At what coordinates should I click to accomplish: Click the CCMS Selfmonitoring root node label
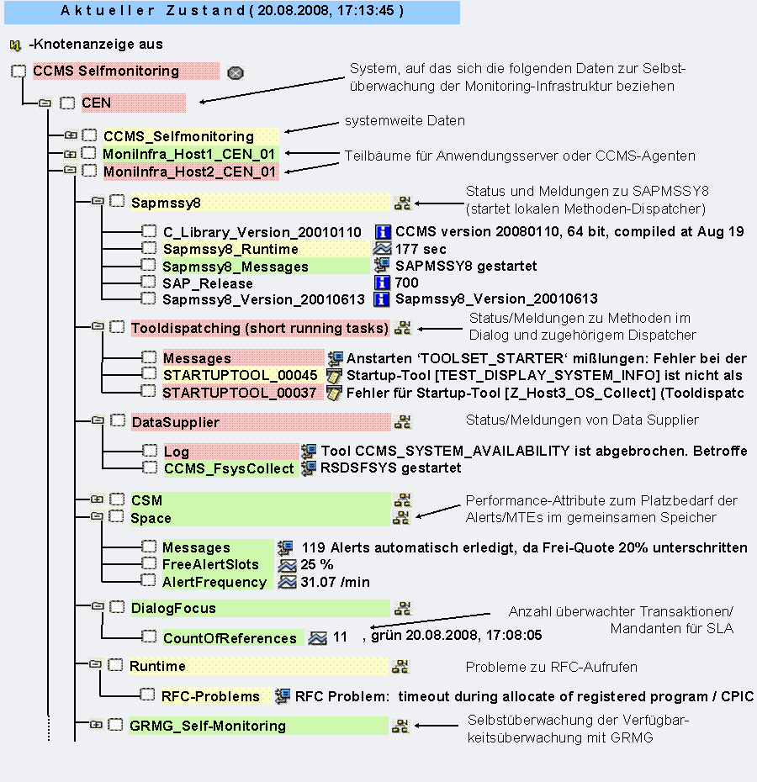[106, 71]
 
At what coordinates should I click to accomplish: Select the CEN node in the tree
[97, 103]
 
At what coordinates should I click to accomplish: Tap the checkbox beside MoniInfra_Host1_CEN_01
[89, 153]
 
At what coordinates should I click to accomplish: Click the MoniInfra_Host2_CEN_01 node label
[189, 172]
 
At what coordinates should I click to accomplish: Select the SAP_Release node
[208, 283]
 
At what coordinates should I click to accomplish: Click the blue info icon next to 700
[382, 283]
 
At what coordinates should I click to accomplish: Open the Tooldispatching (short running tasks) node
[260, 328]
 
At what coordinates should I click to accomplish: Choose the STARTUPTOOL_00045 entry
[240, 375]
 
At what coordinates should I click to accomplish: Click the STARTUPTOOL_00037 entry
[240, 393]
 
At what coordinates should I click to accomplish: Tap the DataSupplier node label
[175, 422]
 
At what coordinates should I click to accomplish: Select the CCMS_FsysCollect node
[229, 468]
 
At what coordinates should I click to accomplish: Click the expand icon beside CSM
[97, 499]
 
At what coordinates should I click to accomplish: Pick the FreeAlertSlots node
[210, 564]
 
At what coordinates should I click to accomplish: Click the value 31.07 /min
[335, 582]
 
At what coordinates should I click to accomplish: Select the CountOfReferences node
[230, 638]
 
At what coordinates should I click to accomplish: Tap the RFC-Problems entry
[210, 696]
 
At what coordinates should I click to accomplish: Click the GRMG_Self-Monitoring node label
[208, 726]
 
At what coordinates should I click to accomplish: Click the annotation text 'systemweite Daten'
[405, 121]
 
